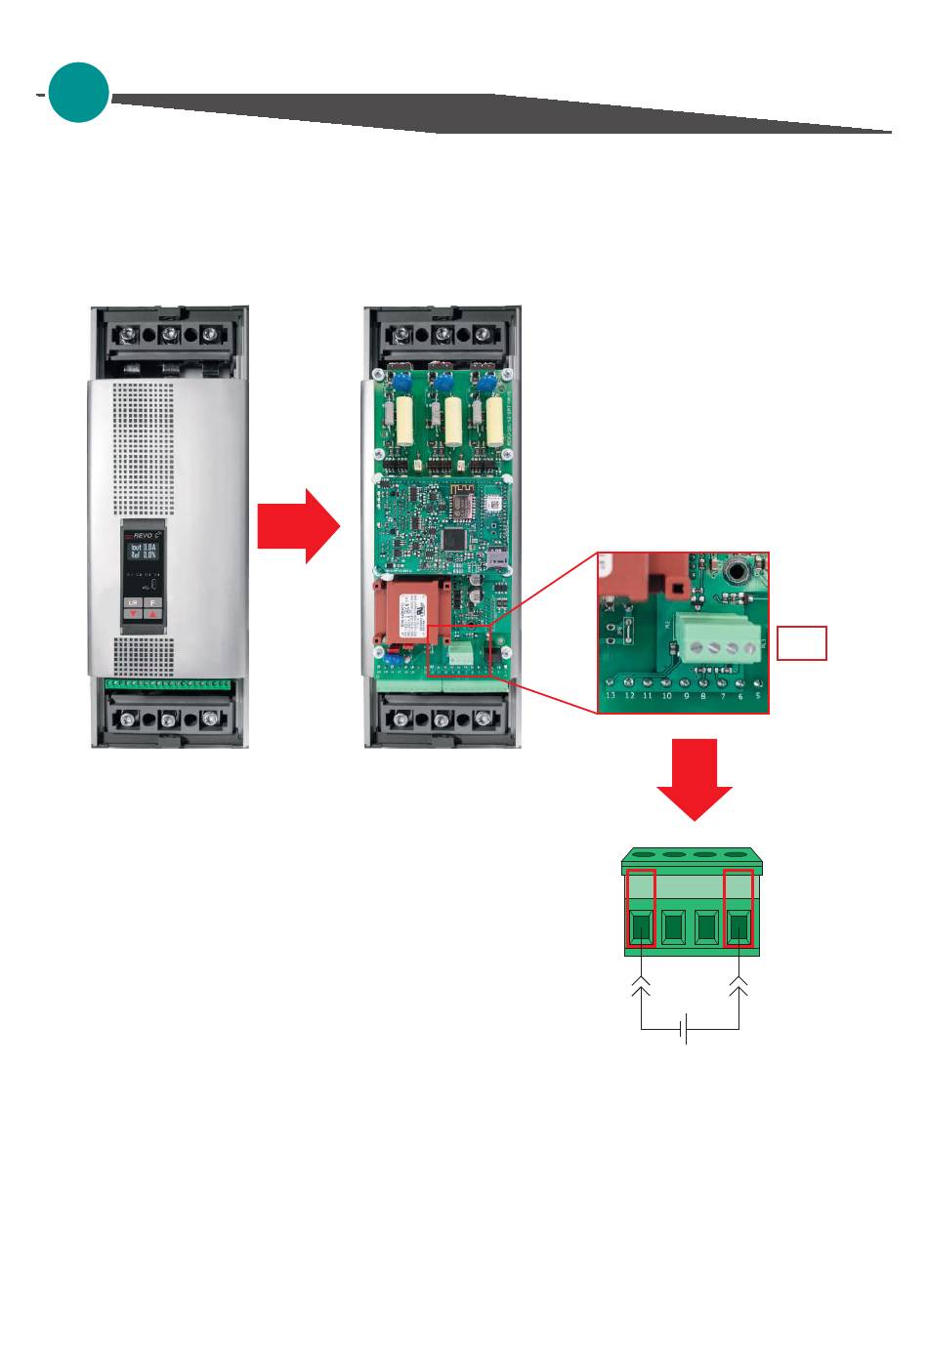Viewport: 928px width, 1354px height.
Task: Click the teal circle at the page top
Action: pyautogui.click(x=78, y=93)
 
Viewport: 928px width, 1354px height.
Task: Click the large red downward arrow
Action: pyautogui.click(x=694, y=779)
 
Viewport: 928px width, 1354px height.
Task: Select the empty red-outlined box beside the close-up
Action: pyautogui.click(x=802, y=643)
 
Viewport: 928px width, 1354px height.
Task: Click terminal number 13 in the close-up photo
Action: pyautogui.click(x=611, y=696)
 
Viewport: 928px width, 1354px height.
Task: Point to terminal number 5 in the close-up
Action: pyautogui.click(x=757, y=696)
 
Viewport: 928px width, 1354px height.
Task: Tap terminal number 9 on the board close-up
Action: pyautogui.click(x=686, y=696)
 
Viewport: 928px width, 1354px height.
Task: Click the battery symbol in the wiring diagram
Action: pyautogui.click(x=688, y=1029)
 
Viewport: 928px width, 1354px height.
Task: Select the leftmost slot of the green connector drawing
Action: pyautogui.click(x=641, y=927)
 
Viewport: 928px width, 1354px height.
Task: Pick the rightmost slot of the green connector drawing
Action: pyautogui.click(x=739, y=927)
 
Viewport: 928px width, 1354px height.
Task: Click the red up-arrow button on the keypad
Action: pyautogui.click(x=152, y=614)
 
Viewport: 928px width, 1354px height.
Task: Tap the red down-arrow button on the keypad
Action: pyautogui.click(x=133, y=614)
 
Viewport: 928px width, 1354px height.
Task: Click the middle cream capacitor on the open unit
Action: pyautogui.click(x=453, y=421)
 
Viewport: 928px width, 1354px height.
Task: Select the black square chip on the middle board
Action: pyautogui.click(x=454, y=538)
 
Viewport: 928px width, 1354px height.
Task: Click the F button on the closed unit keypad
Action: pyautogui.click(x=152, y=603)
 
